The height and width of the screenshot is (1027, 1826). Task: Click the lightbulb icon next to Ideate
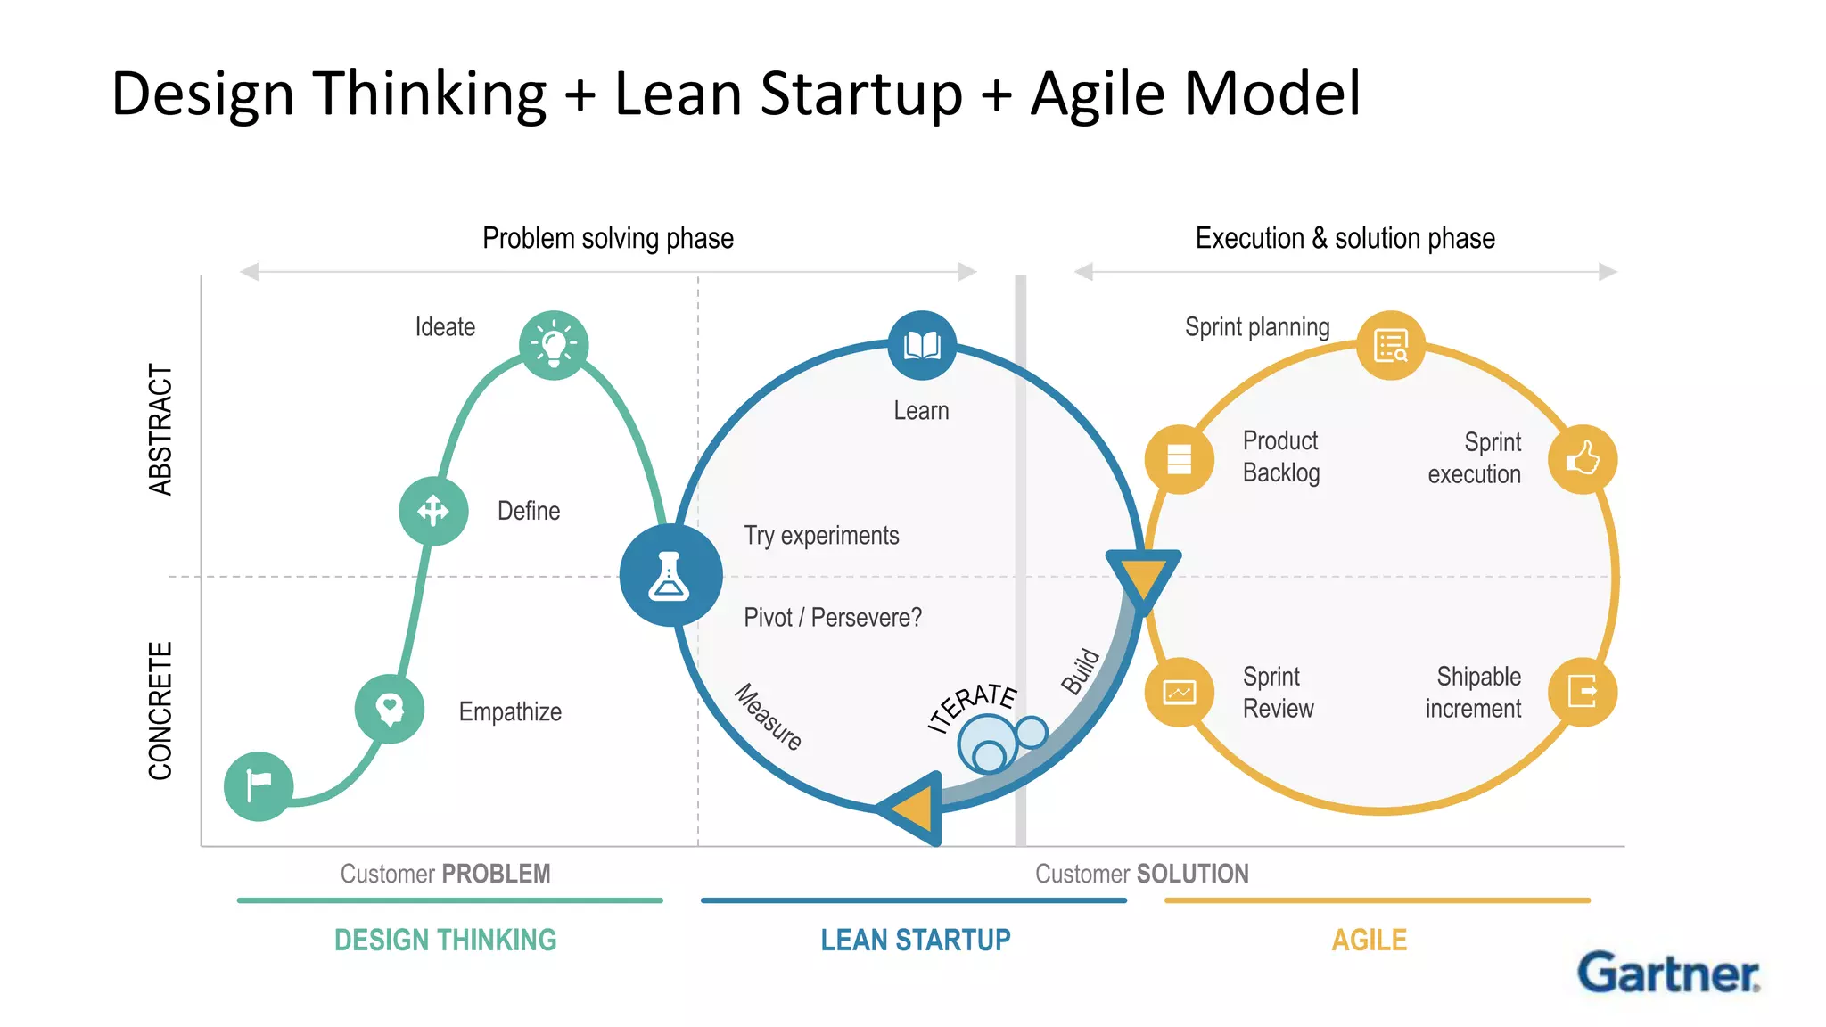[554, 345]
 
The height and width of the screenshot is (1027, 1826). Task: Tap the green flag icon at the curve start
[259, 785]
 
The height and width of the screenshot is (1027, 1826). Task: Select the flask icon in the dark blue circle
[670, 575]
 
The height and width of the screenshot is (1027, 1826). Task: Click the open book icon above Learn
[922, 345]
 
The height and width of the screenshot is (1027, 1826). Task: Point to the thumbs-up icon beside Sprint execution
[1583, 459]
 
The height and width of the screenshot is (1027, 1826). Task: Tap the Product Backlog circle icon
[1180, 459]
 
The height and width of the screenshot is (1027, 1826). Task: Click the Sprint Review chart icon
[1180, 692]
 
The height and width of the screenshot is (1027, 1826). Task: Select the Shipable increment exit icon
[1583, 692]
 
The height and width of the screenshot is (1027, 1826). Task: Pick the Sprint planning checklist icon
[1391, 345]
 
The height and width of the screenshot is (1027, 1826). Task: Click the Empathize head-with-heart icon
[390, 710]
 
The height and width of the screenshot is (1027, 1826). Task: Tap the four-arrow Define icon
[433, 511]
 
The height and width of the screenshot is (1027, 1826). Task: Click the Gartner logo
[1668, 973]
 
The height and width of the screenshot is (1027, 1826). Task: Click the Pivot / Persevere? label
[833, 617]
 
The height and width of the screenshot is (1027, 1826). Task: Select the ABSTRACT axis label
[160, 429]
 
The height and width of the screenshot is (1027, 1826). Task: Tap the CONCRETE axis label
[160, 711]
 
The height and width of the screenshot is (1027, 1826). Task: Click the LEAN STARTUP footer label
[916, 940]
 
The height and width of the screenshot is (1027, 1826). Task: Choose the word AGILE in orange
[1369, 940]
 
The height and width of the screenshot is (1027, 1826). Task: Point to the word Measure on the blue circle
[768, 716]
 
